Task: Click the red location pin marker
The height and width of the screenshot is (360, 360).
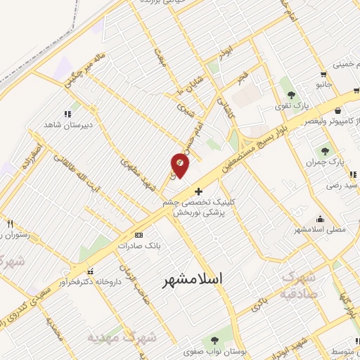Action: click(180, 165)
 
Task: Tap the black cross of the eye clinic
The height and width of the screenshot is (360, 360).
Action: click(199, 191)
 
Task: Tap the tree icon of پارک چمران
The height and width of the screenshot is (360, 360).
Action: click(325, 150)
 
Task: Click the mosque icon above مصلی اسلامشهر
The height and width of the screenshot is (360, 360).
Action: click(321, 219)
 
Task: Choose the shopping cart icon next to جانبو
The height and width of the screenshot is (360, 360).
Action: click(323, 74)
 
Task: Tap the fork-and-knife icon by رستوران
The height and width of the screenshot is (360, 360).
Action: click(9, 224)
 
